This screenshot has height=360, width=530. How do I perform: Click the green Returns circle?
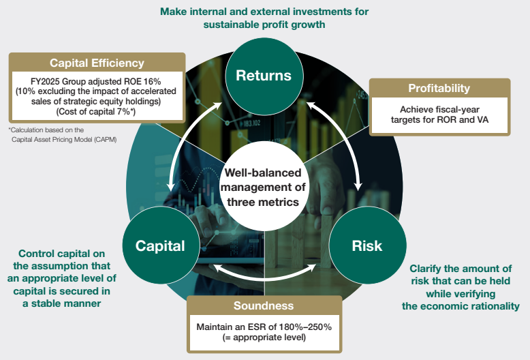click(264, 76)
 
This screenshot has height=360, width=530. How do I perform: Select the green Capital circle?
click(161, 245)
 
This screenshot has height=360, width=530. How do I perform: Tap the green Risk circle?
click(367, 245)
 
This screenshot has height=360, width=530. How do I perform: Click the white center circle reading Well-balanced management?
click(264, 187)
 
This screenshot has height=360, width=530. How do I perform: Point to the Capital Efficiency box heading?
click(97, 63)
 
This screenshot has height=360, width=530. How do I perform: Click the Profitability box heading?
click(439, 89)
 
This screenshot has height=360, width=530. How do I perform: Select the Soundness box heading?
click(264, 305)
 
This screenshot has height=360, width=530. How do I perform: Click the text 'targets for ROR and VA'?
click(439, 120)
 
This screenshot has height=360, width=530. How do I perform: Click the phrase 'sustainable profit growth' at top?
click(264, 25)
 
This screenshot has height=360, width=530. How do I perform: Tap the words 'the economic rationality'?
click(461, 306)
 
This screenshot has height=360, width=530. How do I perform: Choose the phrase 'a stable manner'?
click(61, 303)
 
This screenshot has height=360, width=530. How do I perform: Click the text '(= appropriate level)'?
click(264, 337)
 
